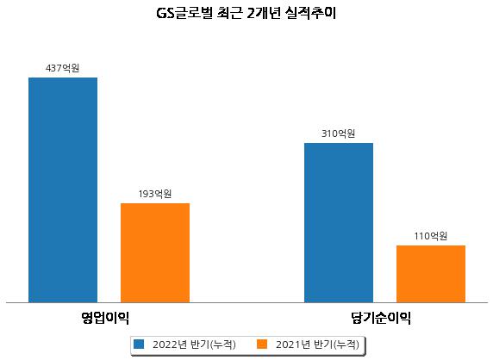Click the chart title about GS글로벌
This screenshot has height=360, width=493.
click(246, 13)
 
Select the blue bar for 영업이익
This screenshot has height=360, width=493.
click(63, 190)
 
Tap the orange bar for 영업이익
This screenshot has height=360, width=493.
click(155, 253)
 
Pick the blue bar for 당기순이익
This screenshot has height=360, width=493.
click(339, 223)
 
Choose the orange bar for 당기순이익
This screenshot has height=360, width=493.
click(431, 274)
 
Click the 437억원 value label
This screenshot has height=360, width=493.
click(63, 68)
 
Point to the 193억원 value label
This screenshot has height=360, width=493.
click(155, 194)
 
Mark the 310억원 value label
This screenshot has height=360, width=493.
click(339, 133)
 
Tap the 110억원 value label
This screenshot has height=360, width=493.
click(430, 236)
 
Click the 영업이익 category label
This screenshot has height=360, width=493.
click(105, 318)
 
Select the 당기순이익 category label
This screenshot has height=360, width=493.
click(381, 318)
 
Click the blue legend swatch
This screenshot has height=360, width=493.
click(139, 344)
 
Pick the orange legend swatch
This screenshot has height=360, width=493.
click(262, 344)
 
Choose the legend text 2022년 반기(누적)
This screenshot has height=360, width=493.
click(194, 344)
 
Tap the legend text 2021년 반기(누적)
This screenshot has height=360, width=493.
click(317, 344)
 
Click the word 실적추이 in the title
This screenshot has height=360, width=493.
click(310, 13)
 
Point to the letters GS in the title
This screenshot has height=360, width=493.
click(165, 14)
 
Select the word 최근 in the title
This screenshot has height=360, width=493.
click(230, 13)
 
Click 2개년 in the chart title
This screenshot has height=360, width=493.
click(264, 13)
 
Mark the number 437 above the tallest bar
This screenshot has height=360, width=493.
click(53, 68)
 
